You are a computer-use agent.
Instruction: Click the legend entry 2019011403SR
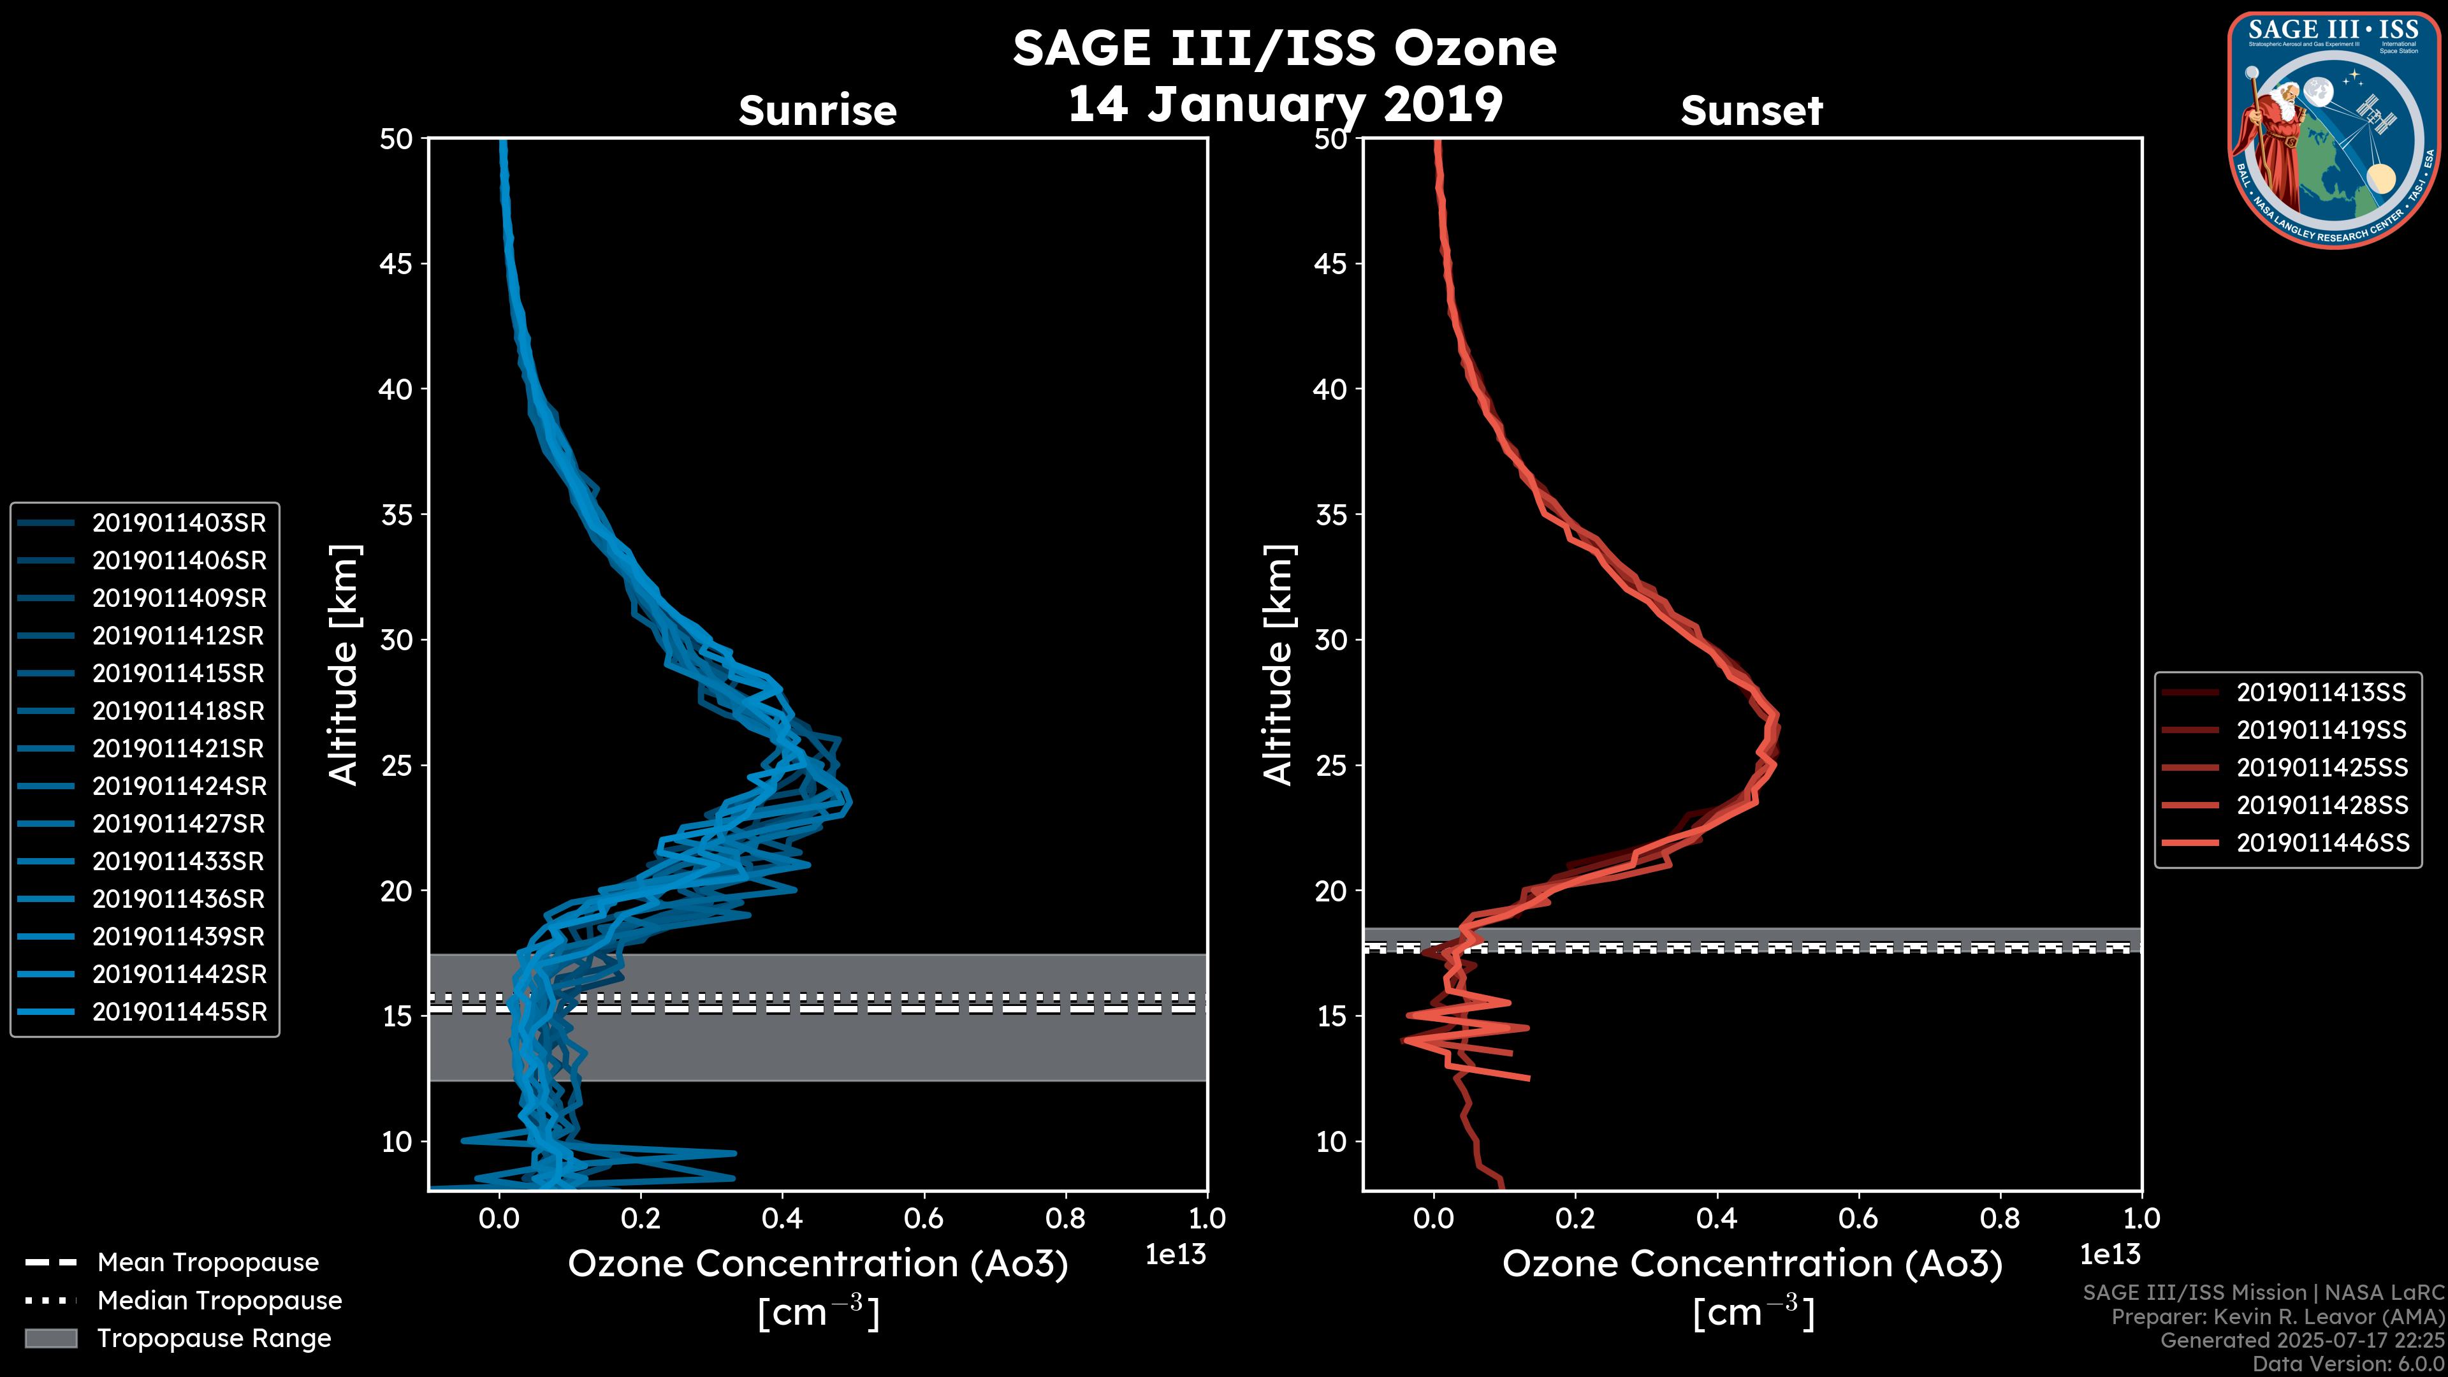[x=178, y=523]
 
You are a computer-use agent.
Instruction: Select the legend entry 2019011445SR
[x=178, y=1012]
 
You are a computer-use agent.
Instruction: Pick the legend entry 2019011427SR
[x=178, y=824]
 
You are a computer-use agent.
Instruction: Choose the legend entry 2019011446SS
[x=2322, y=843]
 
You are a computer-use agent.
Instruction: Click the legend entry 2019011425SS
[x=2322, y=768]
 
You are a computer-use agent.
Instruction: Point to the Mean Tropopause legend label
[x=207, y=1262]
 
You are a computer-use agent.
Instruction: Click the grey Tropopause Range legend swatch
[x=50, y=1338]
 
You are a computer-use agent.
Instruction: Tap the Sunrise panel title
[x=817, y=111]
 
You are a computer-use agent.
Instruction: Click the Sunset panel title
[x=1751, y=111]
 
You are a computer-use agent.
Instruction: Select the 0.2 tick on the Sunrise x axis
[x=641, y=1218]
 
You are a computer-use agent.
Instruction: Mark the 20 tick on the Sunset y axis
[x=1330, y=891]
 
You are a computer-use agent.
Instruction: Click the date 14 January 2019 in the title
[x=1285, y=103]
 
